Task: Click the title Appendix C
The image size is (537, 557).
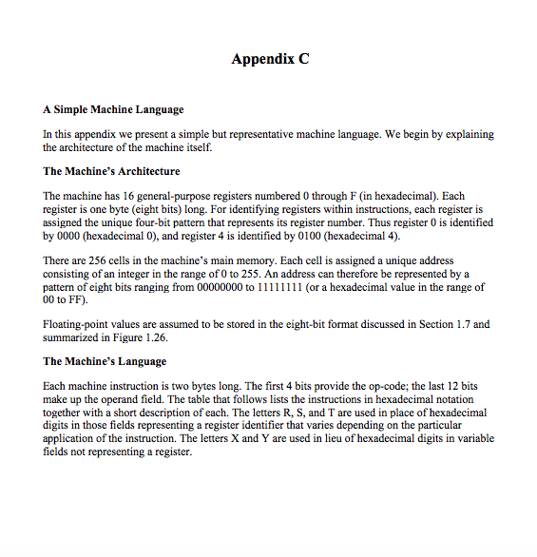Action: [x=270, y=59]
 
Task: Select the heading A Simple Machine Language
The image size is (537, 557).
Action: [x=114, y=110]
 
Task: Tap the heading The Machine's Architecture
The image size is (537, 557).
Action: [x=111, y=171]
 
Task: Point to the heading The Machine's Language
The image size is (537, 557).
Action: [x=105, y=361]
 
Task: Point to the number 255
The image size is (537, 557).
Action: [x=290, y=273]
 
